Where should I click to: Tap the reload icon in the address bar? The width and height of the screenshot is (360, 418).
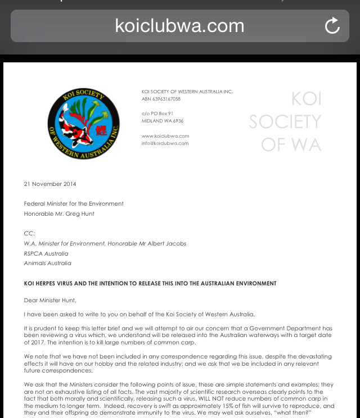332,26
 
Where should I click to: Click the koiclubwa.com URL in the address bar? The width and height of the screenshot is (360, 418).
179,26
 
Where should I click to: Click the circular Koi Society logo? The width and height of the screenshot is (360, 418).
83,124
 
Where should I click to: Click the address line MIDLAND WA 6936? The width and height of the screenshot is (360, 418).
163,121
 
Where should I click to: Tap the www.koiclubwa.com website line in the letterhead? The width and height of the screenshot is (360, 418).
165,136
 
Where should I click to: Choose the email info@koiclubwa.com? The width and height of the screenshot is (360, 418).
165,143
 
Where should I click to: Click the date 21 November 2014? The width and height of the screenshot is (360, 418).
50,184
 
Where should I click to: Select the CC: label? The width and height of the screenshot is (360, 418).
29,233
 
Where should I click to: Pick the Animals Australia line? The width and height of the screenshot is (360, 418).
47,263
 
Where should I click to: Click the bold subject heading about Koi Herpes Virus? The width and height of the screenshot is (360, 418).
150,284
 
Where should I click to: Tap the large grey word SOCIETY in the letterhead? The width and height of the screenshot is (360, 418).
285,122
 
